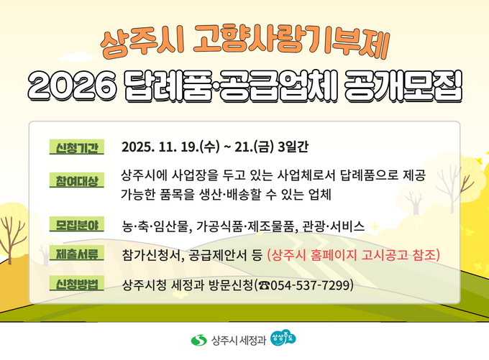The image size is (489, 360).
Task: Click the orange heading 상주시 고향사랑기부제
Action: [x=244, y=45]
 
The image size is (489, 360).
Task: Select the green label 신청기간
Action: [x=76, y=147]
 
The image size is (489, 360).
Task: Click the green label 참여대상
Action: [x=76, y=179]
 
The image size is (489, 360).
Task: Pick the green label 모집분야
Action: [x=76, y=225]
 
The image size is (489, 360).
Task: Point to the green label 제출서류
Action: [x=76, y=254]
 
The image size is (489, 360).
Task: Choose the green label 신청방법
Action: [x=76, y=285]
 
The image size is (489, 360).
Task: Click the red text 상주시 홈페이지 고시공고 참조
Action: [x=353, y=255]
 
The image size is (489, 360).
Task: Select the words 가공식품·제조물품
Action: [x=245, y=226]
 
